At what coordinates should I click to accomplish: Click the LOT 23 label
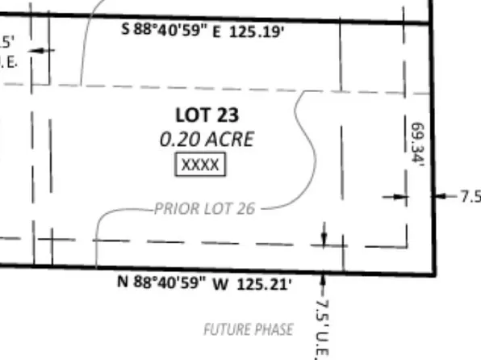(207, 115)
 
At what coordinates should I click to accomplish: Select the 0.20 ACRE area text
(207, 139)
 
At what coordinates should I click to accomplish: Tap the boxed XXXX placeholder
(201, 165)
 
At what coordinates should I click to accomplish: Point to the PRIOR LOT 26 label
(205, 209)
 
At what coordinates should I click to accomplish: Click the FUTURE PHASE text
(248, 329)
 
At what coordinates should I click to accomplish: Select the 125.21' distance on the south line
(265, 284)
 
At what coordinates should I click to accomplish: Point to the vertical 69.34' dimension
(417, 144)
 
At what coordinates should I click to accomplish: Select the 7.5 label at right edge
(470, 195)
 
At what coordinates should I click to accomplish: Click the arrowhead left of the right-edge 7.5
(439, 195)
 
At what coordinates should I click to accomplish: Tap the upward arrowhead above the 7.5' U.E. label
(323, 279)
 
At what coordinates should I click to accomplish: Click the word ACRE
(230, 139)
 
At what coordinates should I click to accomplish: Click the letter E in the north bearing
(216, 32)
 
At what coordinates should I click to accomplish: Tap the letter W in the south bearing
(219, 284)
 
